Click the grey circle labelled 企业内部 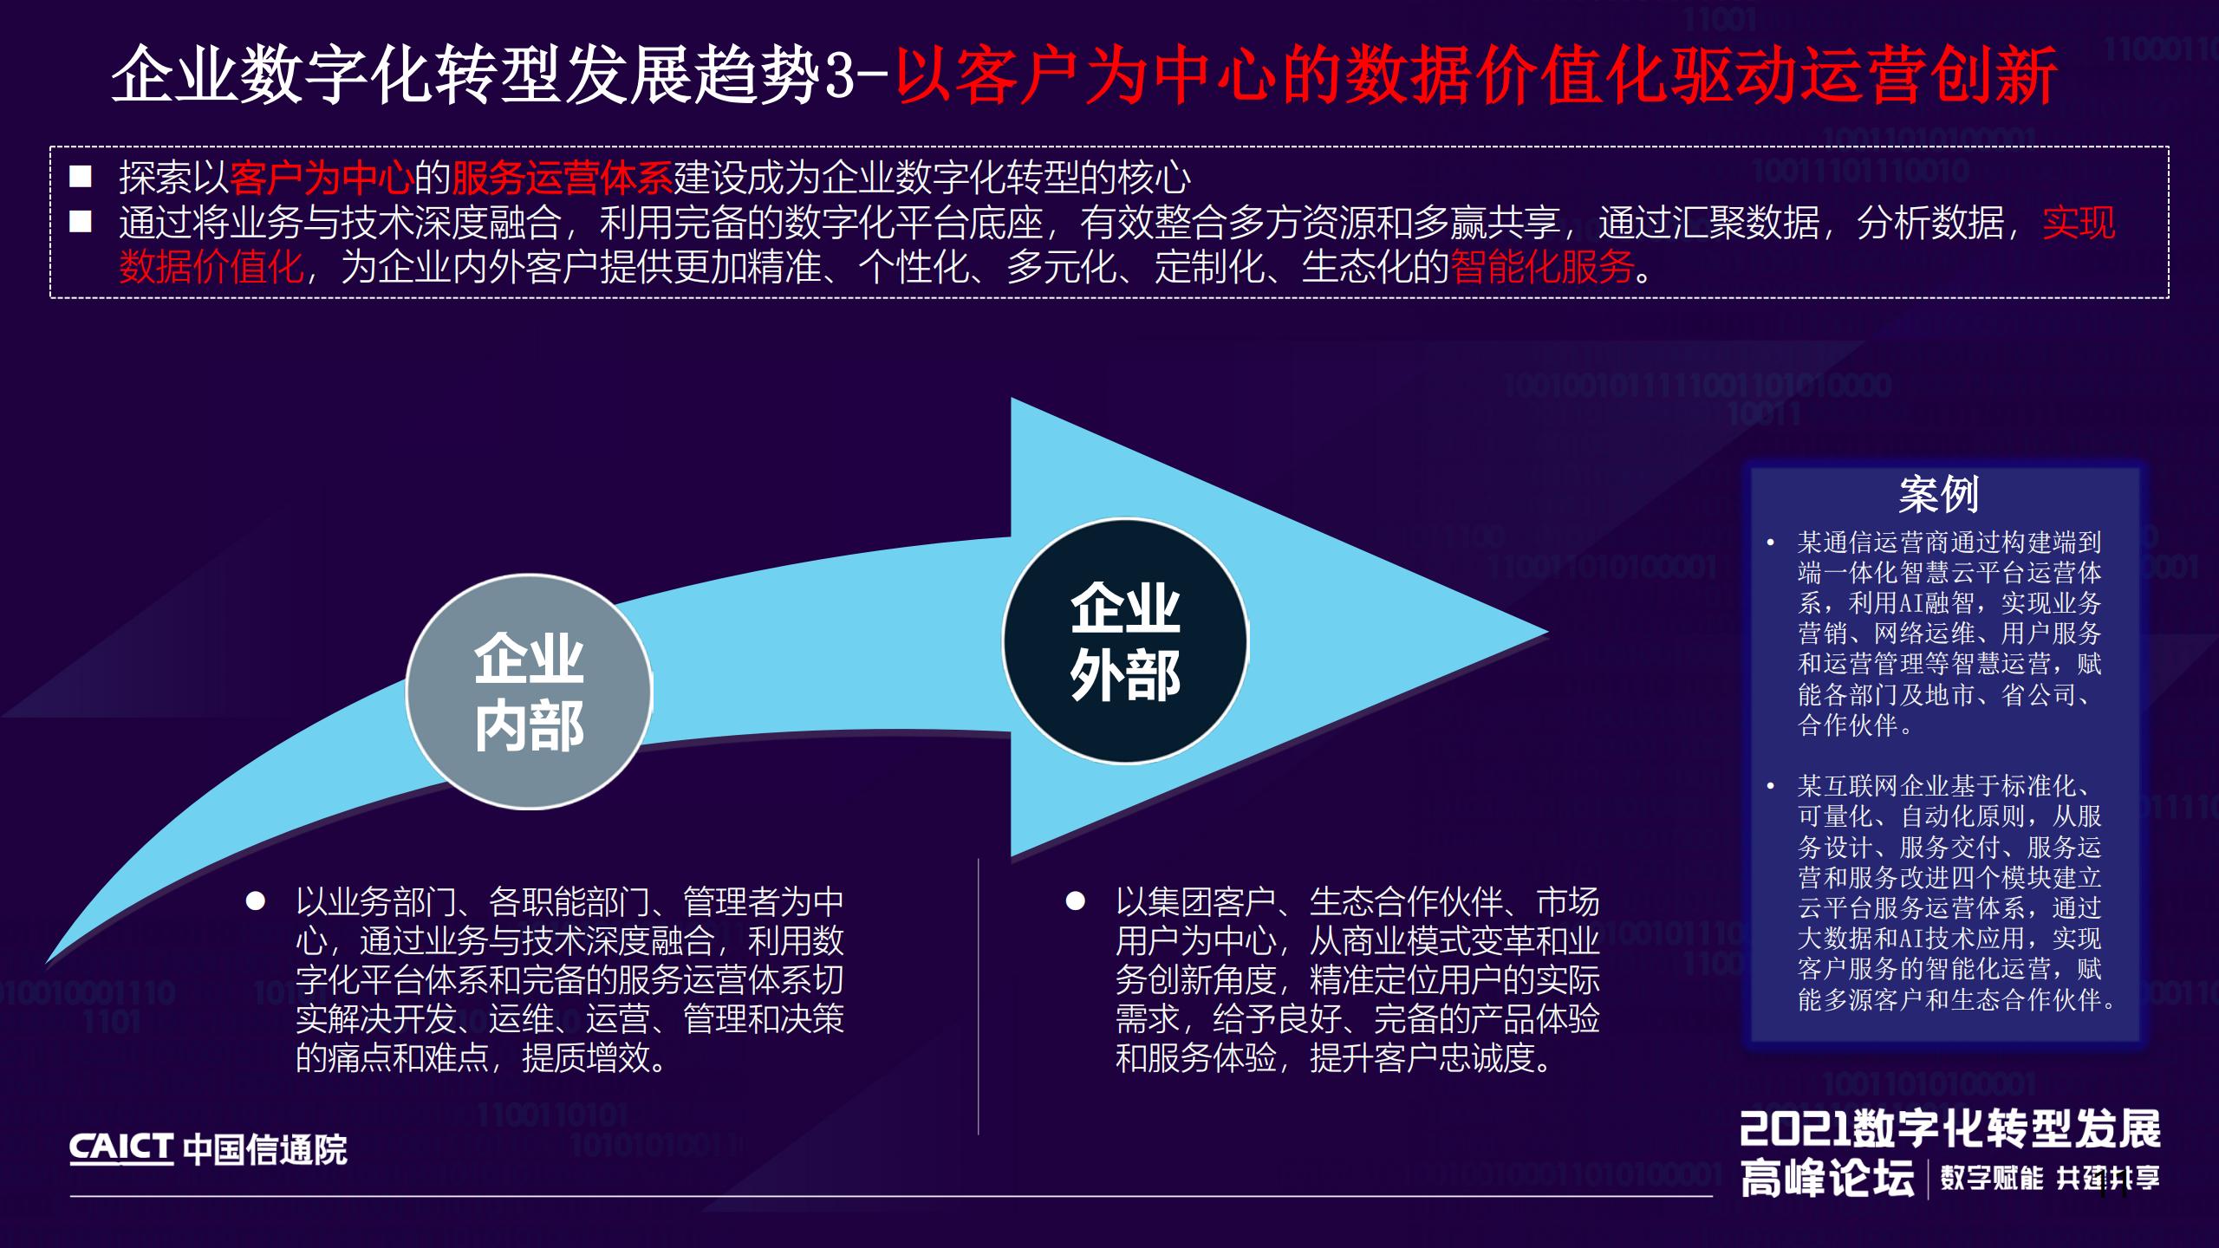click(x=529, y=692)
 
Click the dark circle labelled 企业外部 click(x=1125, y=641)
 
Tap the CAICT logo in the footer click(x=121, y=1149)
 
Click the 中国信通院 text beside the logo click(x=265, y=1150)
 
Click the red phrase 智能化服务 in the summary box click(x=1542, y=267)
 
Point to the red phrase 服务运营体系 click(x=562, y=179)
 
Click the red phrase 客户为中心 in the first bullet click(x=322, y=179)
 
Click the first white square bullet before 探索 click(x=81, y=178)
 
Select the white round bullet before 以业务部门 click(x=255, y=901)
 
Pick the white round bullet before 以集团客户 click(x=1075, y=901)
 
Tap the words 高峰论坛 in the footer click(x=1827, y=1179)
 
